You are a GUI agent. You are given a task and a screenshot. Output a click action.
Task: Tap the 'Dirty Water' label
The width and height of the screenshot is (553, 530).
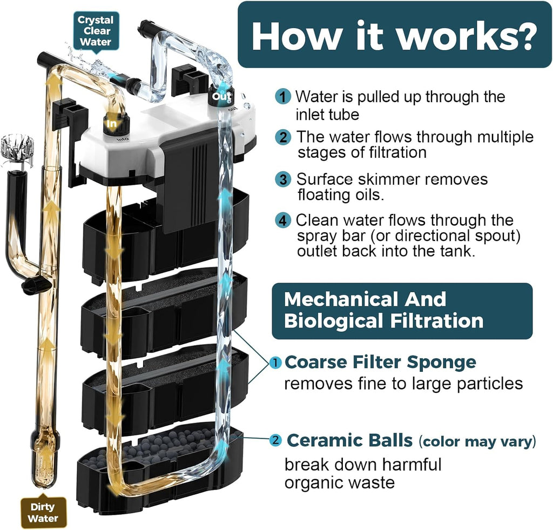(43, 512)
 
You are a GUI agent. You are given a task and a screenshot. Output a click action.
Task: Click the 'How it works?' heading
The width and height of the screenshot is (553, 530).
(394, 35)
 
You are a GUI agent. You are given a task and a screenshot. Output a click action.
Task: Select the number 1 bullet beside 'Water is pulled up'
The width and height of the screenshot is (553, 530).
(283, 96)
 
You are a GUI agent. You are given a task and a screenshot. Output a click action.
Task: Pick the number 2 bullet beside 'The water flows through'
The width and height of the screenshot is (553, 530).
(283, 137)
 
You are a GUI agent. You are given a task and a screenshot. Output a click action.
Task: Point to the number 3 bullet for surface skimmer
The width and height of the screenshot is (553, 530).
(283, 179)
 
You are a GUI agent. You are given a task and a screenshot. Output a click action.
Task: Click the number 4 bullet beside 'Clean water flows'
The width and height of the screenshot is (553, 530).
(283, 220)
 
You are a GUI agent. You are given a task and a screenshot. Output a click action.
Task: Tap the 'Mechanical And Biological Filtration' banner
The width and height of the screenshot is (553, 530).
(402, 311)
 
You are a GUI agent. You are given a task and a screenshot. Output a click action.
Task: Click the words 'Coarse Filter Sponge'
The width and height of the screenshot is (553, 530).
(380, 362)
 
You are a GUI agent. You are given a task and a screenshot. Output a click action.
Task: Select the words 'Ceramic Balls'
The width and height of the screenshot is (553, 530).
(349, 440)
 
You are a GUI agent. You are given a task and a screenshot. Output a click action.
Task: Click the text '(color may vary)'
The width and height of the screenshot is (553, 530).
(477, 441)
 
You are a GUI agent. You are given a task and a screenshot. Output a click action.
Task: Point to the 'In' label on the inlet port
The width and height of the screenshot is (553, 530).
(112, 124)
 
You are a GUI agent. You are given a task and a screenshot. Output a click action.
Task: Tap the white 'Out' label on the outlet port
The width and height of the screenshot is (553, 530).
(221, 96)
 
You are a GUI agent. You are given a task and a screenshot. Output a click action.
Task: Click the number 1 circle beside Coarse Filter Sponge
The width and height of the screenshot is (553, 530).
(275, 363)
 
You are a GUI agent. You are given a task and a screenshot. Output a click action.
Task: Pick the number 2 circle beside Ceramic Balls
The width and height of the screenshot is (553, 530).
(275, 440)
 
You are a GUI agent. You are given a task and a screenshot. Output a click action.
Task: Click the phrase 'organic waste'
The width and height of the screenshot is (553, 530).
(340, 482)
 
